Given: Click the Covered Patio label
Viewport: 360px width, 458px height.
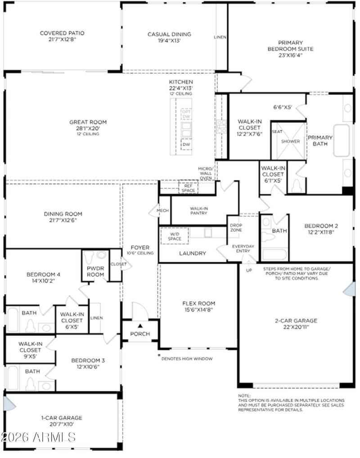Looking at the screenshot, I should coord(62,33).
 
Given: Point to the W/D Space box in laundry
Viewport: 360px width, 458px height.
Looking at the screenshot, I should coord(171,236).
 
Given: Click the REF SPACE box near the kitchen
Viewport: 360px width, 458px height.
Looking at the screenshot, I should coord(188,188).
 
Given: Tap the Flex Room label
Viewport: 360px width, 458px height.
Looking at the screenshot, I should coord(198,303).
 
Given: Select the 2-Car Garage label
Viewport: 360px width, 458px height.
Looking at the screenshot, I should coord(296,321).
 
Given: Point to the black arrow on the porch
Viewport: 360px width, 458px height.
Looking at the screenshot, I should coord(140,325).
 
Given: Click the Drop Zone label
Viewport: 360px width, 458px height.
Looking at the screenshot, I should coord(236,228).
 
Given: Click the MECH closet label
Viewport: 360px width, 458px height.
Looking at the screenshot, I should coord(162,211).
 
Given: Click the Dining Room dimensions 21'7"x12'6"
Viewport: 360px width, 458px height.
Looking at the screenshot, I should coord(63,220).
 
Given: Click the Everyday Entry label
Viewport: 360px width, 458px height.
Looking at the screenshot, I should coord(243,249).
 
